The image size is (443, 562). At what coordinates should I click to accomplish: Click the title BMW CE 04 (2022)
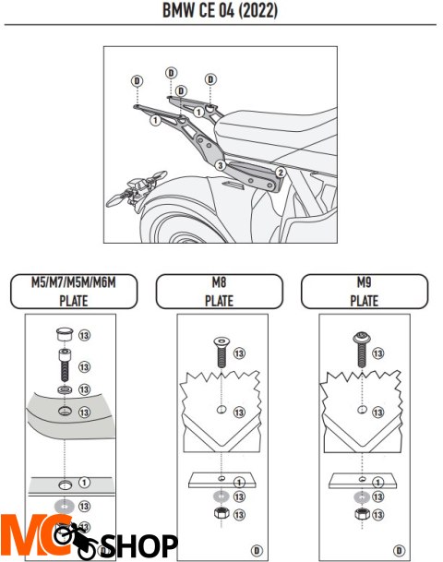tap(220, 10)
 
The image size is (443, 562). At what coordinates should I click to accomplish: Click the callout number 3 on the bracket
tap(220, 165)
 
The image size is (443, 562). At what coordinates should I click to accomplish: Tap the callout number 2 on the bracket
tap(281, 173)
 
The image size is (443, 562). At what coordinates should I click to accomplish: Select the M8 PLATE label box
tap(220, 292)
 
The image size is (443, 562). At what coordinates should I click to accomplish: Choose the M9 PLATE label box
tap(365, 292)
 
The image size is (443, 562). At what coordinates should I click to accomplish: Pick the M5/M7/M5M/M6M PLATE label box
tap(74, 292)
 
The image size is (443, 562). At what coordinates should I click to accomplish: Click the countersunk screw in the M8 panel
tap(221, 352)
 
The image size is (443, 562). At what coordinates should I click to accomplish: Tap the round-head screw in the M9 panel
tap(361, 350)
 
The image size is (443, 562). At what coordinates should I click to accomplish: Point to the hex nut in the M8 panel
tap(221, 513)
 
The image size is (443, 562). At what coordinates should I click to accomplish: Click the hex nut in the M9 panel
tap(362, 514)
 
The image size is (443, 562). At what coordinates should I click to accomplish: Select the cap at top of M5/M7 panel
tap(65, 334)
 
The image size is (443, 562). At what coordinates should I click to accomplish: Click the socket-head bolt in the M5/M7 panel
tap(65, 365)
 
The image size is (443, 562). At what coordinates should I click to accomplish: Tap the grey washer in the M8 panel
tap(221, 496)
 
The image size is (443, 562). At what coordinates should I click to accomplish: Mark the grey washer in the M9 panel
tap(362, 497)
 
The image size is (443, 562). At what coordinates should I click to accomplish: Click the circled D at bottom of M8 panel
tap(257, 551)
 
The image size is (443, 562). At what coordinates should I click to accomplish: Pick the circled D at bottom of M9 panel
tap(399, 550)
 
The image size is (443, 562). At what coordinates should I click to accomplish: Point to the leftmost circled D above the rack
tap(137, 81)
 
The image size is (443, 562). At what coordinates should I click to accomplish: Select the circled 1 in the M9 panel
tap(377, 483)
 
